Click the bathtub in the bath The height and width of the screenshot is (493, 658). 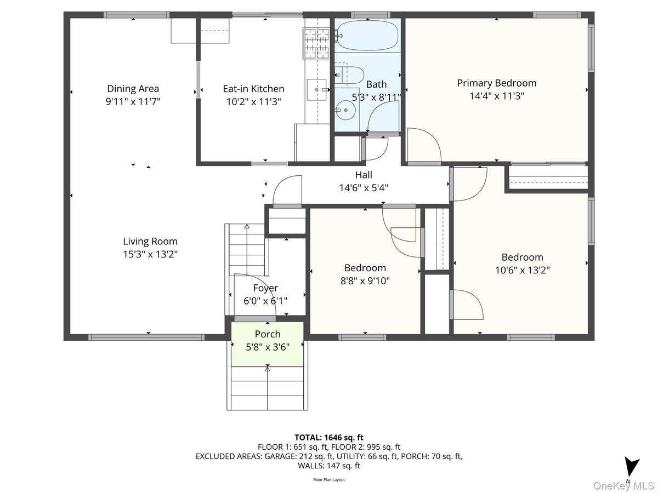click(x=367, y=35)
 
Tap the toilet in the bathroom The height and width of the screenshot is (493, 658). click(x=349, y=75)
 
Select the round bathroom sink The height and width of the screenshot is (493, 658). click(x=345, y=110)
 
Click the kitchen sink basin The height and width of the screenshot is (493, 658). click(x=316, y=89)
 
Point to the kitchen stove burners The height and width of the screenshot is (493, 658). click(x=316, y=43)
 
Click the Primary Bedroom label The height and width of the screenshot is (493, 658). click(x=496, y=83)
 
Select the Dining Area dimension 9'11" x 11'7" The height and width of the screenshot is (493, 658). click(x=133, y=102)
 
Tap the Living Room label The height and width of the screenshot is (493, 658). click(x=150, y=241)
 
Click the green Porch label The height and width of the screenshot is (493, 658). click(x=268, y=334)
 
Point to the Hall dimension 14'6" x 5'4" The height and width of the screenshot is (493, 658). click(x=364, y=188)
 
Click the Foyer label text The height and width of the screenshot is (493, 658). click(x=265, y=288)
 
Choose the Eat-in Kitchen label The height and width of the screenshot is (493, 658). click(x=254, y=89)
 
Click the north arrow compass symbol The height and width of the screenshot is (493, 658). click(x=632, y=471)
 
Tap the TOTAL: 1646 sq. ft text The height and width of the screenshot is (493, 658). click(x=329, y=437)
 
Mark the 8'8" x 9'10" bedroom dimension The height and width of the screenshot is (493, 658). click(x=365, y=281)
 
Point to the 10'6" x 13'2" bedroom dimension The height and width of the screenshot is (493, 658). click(x=522, y=270)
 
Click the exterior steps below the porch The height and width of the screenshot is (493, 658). click(x=267, y=388)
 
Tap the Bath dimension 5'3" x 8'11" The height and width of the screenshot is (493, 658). click(x=376, y=98)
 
